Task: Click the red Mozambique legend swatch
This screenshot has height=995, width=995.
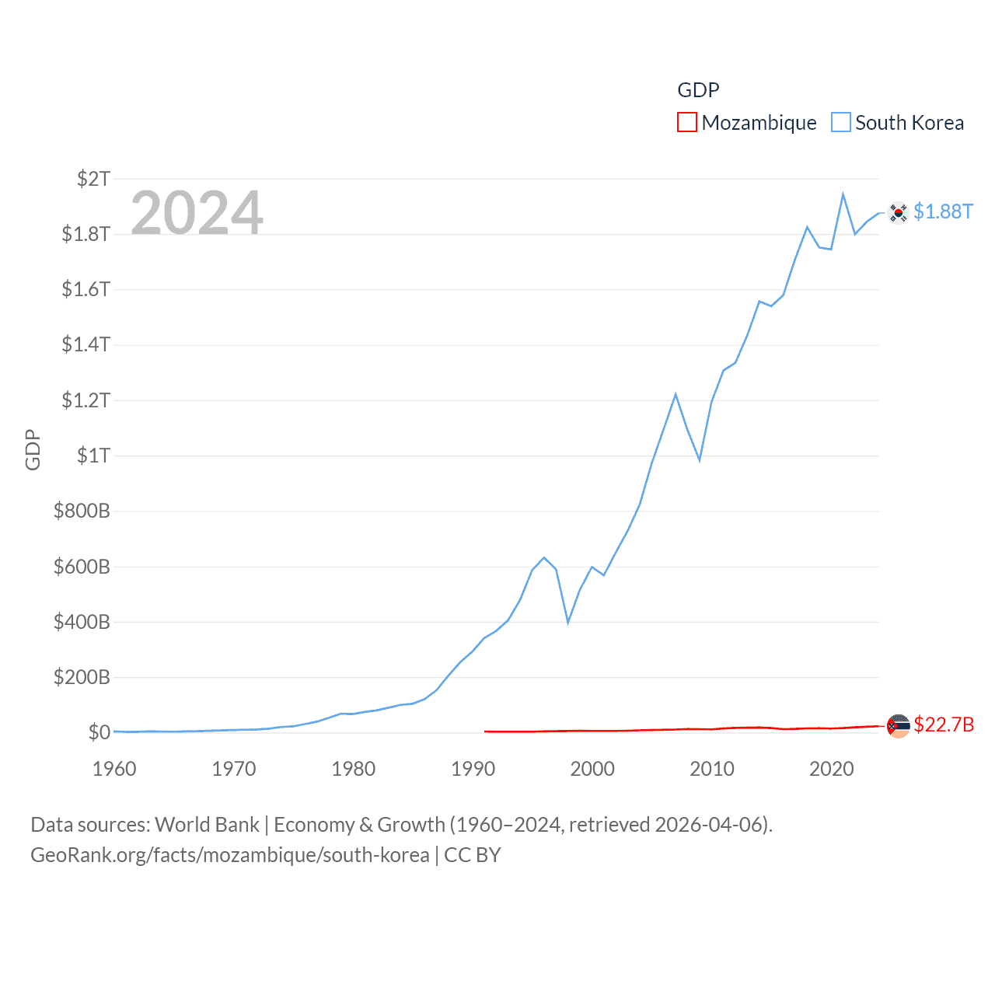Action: [x=687, y=123]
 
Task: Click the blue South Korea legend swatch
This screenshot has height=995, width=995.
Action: [x=841, y=123]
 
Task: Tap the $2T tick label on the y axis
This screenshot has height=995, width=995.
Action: [x=93, y=179]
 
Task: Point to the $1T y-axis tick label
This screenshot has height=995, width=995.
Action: [x=93, y=456]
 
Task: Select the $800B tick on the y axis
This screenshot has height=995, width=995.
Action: [x=82, y=511]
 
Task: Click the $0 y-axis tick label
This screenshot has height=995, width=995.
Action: [x=99, y=732]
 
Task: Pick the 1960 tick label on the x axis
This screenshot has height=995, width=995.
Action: [x=114, y=769]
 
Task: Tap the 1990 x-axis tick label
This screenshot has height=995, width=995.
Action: [x=473, y=769]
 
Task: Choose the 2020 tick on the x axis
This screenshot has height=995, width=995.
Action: [x=832, y=769]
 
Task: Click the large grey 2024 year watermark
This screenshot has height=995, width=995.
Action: [x=197, y=213]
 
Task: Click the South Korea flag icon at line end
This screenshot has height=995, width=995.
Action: [x=898, y=212]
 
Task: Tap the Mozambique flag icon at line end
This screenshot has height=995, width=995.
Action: [x=898, y=726]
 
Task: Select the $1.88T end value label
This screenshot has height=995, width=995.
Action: [x=943, y=211]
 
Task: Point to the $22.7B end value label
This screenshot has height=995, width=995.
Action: [x=944, y=724]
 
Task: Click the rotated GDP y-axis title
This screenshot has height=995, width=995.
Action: [x=33, y=449]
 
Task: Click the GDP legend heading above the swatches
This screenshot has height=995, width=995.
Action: [x=698, y=90]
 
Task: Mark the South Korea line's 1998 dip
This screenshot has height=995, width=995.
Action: [x=568, y=622]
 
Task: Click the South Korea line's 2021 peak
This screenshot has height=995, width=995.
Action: [x=843, y=194]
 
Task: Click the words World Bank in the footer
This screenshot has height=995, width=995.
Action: [x=207, y=824]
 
